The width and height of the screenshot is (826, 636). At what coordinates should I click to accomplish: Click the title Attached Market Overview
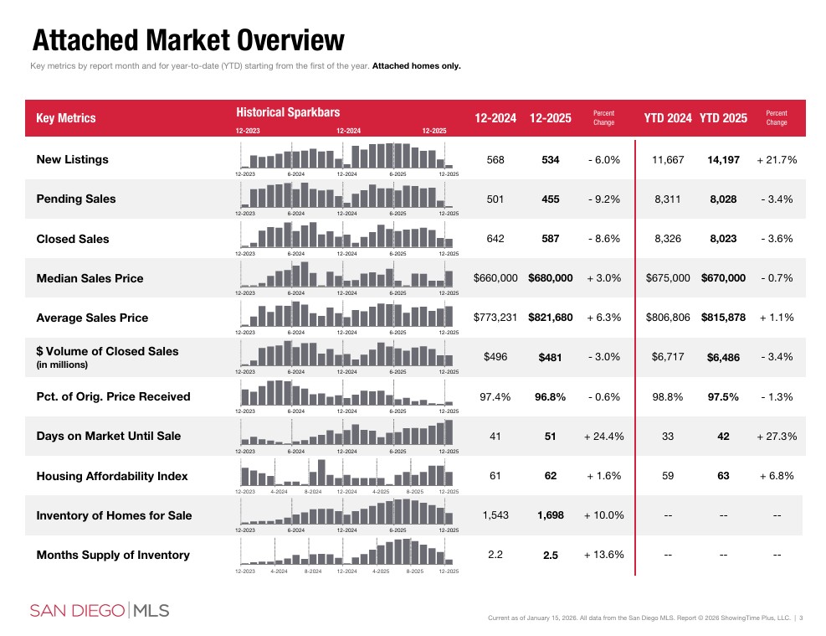(187, 39)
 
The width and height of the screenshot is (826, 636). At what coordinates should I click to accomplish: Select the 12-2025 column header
(550, 118)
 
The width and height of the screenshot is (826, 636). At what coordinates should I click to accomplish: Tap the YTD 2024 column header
(667, 118)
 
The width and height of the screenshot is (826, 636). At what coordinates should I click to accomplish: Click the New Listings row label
(72, 159)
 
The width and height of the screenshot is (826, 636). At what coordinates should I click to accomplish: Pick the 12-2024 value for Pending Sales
(495, 199)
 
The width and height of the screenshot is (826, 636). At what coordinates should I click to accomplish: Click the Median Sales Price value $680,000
(550, 278)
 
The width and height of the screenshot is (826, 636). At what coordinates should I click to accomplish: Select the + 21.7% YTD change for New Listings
(776, 159)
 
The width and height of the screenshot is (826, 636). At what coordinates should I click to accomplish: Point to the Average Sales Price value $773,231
(495, 318)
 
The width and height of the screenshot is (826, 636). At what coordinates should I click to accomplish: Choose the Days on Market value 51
(550, 437)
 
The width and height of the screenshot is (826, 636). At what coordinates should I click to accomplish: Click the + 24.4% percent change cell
(603, 437)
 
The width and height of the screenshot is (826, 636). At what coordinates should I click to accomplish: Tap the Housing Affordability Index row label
(112, 476)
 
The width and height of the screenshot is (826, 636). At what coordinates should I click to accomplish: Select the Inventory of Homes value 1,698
(550, 515)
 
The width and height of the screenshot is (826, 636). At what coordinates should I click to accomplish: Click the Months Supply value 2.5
(550, 556)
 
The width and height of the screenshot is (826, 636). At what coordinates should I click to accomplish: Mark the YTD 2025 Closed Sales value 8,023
(723, 239)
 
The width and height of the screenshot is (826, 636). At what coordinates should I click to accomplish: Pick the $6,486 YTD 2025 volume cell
(723, 358)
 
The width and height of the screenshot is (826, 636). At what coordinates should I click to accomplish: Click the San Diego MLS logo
(100, 610)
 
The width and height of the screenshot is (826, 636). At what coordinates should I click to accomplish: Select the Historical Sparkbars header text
(288, 111)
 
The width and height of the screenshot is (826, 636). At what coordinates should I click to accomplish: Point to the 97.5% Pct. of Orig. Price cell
(723, 397)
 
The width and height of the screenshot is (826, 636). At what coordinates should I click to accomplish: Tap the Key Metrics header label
(66, 118)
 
